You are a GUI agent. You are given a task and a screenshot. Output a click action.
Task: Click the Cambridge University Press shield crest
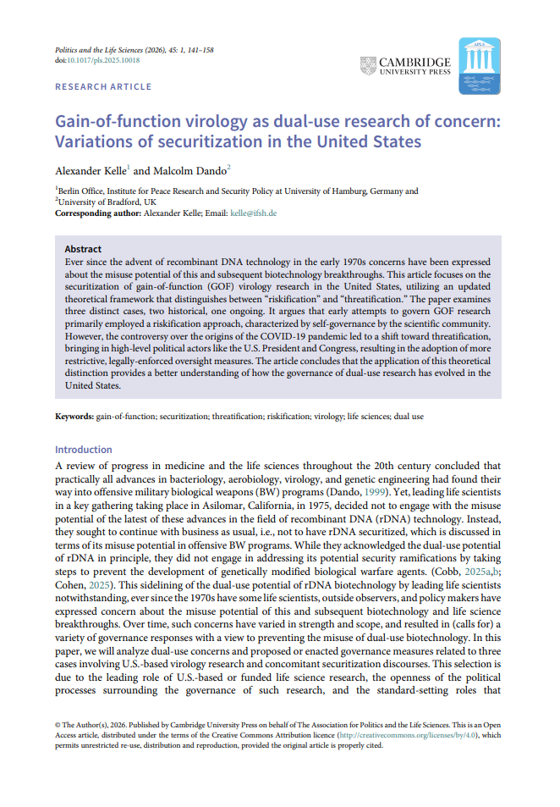pos(369,66)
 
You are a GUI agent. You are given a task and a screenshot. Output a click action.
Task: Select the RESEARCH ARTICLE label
pos(103,86)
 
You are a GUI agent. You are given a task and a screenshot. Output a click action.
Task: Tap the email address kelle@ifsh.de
pos(253,213)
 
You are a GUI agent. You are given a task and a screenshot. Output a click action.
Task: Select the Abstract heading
pos(83,250)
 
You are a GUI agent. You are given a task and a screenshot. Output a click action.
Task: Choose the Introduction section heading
pos(84,450)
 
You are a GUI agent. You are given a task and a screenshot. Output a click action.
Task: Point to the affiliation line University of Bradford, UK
pos(107,202)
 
